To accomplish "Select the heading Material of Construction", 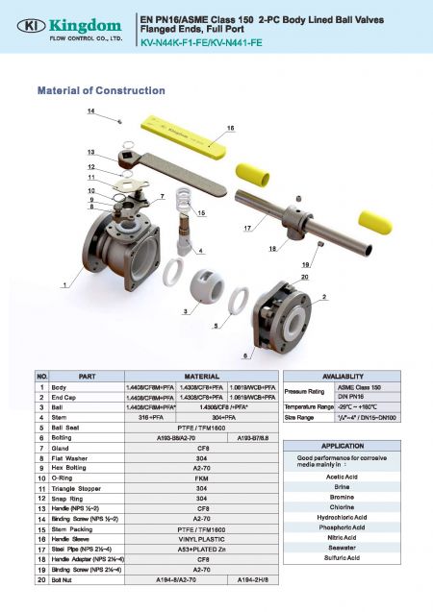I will [x=100, y=90].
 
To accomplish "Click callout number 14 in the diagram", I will [x=91, y=112].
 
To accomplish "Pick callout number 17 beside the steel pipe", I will [x=247, y=228].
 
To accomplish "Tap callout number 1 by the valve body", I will [x=65, y=285].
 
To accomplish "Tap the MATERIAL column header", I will [x=203, y=375].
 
